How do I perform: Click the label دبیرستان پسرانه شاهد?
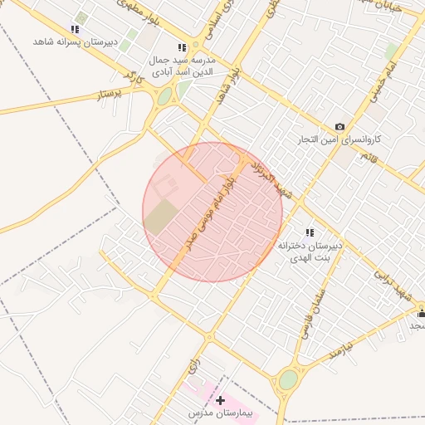[x=75, y=42]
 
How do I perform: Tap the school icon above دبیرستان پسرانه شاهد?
[x=76, y=29]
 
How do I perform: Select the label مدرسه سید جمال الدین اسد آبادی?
[x=182, y=66]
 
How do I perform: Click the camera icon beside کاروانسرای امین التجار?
[x=340, y=126]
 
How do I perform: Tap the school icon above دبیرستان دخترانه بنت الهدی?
[x=310, y=232]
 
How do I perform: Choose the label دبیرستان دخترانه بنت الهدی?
[x=310, y=252]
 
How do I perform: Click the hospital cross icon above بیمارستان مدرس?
[x=220, y=401]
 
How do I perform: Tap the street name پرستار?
[x=110, y=94]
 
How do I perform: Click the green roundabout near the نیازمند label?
[x=288, y=379]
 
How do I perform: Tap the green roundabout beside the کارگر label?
[x=164, y=96]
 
